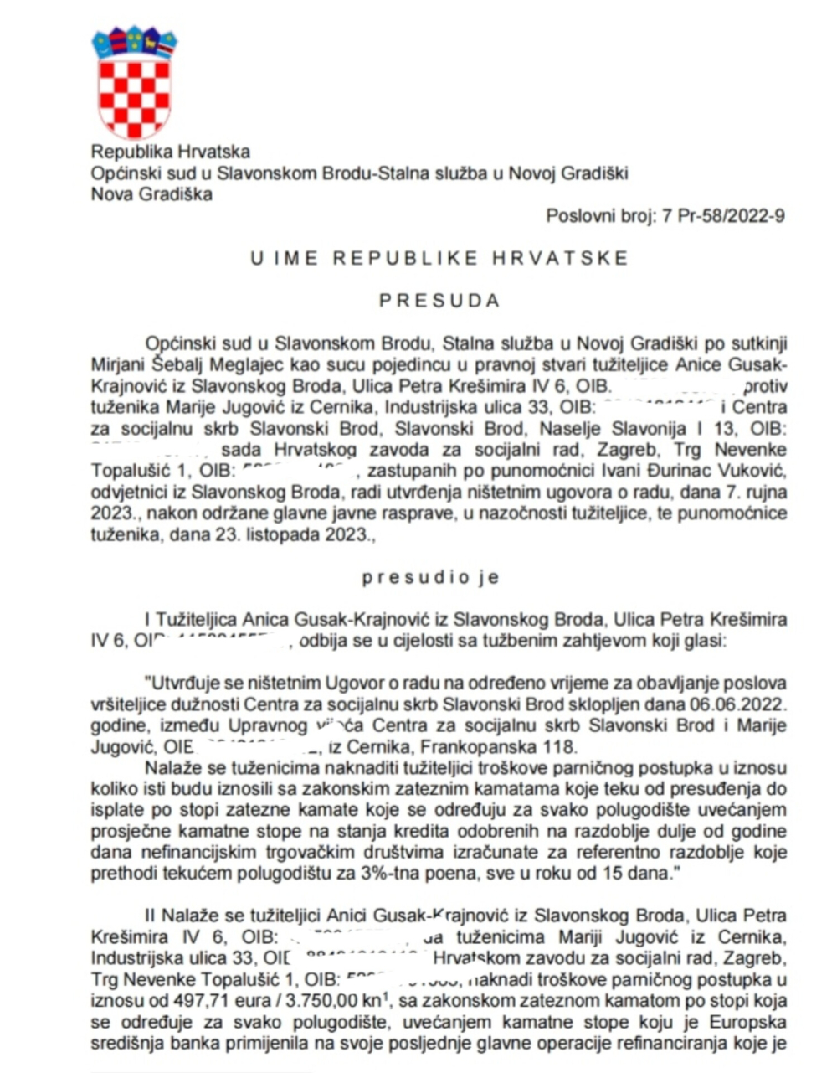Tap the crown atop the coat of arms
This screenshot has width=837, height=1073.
tap(134, 40)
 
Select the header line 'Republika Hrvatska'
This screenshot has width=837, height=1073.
tap(171, 152)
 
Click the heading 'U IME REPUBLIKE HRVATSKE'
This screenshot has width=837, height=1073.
tap(439, 258)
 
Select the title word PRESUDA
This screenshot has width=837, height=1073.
tap(439, 300)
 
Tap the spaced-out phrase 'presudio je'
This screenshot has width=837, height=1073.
tap(430, 577)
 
